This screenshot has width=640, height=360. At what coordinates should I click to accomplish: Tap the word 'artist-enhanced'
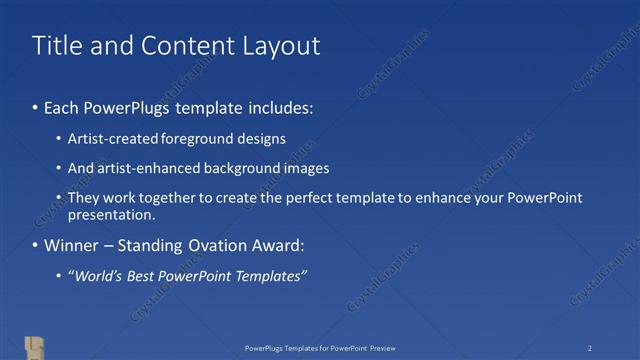pos(146,168)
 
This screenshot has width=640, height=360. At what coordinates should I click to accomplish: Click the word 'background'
pos(244,168)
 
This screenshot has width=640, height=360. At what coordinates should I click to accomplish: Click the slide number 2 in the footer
pos(590,348)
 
